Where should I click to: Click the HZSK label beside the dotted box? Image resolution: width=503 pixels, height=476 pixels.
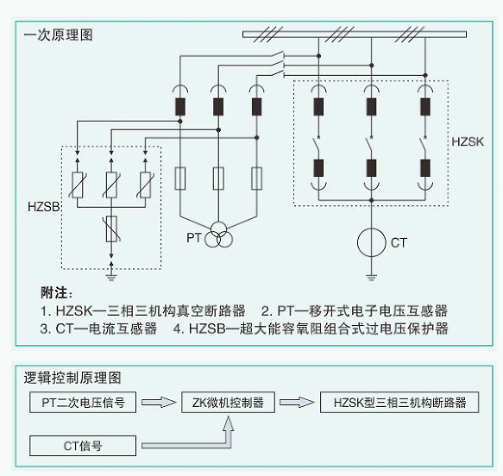click(x=468, y=141)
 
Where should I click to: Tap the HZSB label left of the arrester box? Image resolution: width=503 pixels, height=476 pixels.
click(x=44, y=207)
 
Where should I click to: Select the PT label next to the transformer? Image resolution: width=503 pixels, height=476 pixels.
click(x=194, y=238)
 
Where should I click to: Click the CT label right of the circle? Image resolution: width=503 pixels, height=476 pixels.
click(x=399, y=242)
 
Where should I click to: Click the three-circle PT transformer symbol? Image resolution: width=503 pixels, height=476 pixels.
click(x=218, y=235)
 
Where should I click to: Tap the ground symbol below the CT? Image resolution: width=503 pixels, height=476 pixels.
click(x=371, y=278)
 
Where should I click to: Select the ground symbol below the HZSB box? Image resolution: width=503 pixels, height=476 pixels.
click(x=111, y=278)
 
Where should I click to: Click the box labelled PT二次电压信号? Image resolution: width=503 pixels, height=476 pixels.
click(x=83, y=403)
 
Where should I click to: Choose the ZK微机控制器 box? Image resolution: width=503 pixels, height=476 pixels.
click(x=228, y=403)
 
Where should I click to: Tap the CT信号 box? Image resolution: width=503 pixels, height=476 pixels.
click(x=83, y=446)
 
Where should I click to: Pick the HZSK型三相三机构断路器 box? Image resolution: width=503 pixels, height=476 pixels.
click(x=399, y=403)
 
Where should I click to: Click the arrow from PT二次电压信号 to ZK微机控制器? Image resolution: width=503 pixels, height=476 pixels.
click(x=159, y=402)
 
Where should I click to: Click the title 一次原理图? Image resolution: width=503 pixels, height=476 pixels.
click(x=59, y=35)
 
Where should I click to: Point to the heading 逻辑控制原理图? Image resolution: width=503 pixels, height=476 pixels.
click(x=72, y=378)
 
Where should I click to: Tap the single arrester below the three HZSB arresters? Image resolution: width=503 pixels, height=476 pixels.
click(x=111, y=229)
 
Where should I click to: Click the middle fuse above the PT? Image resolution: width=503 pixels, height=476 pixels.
click(x=218, y=178)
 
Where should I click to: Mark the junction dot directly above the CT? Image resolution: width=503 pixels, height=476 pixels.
click(x=372, y=200)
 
